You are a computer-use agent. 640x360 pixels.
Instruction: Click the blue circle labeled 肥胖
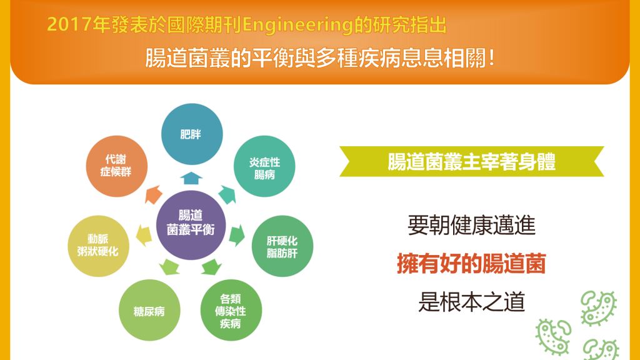192,134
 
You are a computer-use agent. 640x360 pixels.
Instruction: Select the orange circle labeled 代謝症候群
116,166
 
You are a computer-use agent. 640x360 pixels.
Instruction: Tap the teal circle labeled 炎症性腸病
264,166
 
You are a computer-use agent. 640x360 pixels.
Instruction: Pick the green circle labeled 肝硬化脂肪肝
282,246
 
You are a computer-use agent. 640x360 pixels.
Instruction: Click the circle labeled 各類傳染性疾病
231,310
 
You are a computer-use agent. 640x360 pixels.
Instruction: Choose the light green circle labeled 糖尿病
149,310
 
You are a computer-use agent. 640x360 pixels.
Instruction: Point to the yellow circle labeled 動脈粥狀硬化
98,246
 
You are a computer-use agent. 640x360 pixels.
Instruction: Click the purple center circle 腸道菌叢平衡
191,224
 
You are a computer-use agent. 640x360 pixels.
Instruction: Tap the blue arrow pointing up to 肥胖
191,178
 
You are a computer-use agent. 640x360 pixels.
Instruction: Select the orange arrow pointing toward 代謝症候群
153,194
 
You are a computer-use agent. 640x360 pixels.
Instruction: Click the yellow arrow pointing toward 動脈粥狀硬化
144,236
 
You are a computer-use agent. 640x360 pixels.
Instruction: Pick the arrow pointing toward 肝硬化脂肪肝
237,236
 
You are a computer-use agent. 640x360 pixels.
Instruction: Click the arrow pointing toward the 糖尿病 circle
169,267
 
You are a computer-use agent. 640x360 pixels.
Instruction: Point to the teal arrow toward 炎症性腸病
227,194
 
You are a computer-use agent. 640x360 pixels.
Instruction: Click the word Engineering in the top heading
297,25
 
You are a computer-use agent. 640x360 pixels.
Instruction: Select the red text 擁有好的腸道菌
471,263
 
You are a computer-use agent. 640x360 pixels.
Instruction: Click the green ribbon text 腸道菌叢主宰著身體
471,161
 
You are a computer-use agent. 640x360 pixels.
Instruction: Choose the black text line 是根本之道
471,302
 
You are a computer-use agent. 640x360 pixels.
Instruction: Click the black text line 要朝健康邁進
471,225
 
